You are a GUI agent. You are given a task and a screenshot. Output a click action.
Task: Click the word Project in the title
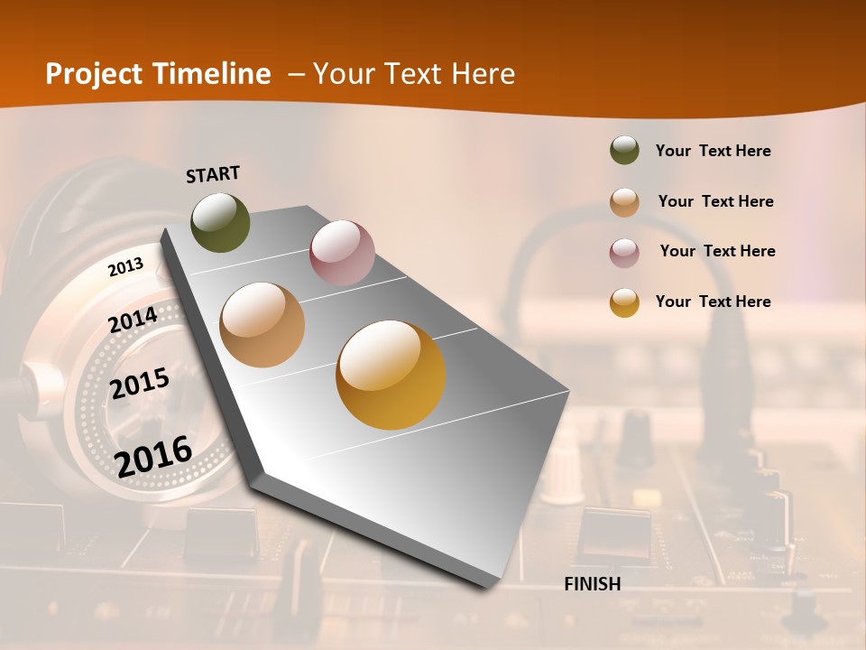click(94, 74)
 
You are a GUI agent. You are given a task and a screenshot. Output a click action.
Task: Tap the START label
click(213, 174)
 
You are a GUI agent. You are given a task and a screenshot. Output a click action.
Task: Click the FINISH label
click(593, 584)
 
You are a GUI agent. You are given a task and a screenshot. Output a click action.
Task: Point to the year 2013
click(125, 266)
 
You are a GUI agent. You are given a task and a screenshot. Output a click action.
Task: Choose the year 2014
click(134, 320)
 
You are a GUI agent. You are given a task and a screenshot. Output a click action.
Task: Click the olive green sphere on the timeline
click(220, 222)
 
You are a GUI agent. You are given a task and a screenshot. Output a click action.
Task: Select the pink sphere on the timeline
click(342, 252)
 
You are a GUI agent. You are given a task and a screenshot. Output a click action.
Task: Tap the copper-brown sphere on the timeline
click(263, 325)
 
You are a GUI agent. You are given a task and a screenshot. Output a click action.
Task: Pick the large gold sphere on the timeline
click(391, 375)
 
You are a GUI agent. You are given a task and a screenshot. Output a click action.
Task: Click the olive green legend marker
click(624, 150)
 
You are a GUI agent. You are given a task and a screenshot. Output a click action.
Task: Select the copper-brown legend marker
click(624, 201)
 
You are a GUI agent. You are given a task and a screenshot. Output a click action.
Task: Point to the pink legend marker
click(624, 252)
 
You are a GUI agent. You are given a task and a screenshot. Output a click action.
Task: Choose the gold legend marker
click(624, 302)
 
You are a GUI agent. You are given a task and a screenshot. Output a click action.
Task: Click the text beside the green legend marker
click(713, 151)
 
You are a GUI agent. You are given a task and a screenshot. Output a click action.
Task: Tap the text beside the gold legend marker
click(713, 302)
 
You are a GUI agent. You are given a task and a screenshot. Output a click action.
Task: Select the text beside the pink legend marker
click(717, 251)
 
